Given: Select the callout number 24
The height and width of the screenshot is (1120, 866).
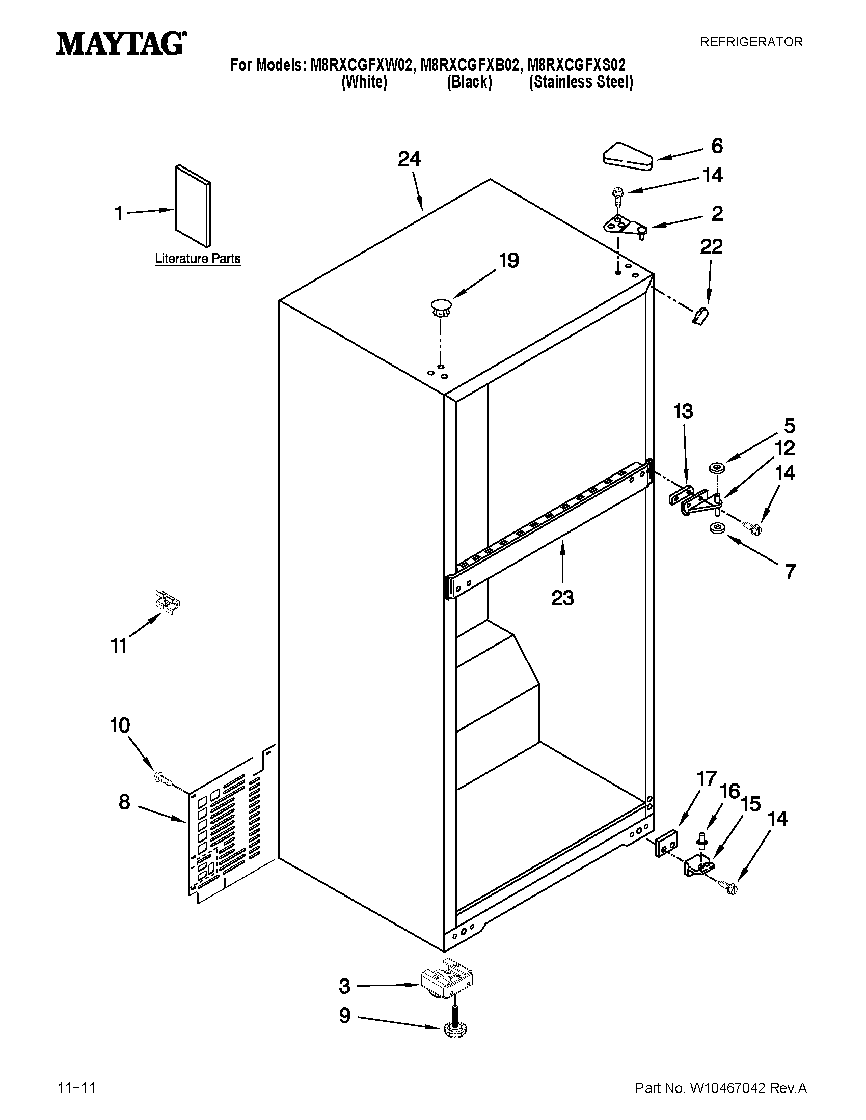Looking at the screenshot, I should click(409, 159).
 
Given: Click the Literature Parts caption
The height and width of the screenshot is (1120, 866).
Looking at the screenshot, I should click(198, 259).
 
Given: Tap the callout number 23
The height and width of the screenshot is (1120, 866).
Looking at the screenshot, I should click(562, 598).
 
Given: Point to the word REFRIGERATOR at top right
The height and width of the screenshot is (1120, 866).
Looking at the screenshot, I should click(751, 42).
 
